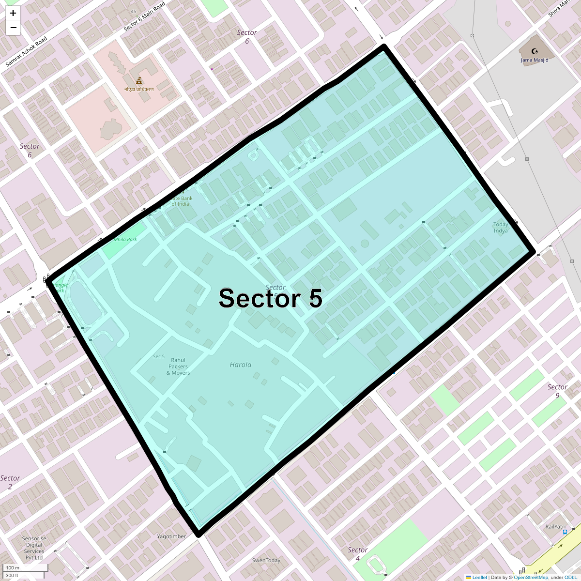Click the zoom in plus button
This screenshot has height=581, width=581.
tap(13, 13)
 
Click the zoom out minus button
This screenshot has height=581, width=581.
tap(13, 28)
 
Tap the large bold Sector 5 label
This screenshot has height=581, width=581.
tap(270, 298)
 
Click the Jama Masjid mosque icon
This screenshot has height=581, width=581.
tap(535, 51)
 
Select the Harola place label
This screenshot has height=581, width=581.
tap(241, 365)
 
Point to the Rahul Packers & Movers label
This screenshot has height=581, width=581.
tap(178, 367)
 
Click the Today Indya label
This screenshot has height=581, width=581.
tap(501, 228)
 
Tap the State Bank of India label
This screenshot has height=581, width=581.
tap(181, 201)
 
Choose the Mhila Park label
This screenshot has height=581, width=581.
tap(125, 240)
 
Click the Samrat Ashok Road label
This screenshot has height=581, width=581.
tap(26, 51)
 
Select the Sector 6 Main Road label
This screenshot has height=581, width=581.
tap(144, 16)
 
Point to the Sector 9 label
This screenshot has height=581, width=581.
tap(557, 391)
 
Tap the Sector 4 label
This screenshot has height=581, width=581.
tap(358, 554)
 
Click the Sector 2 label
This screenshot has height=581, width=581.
tap(10, 482)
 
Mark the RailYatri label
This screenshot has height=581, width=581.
tap(555, 527)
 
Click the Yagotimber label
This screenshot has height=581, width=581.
tap(171, 536)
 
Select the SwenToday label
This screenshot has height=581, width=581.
tap(266, 561)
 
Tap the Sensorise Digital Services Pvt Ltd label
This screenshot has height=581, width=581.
tap(34, 548)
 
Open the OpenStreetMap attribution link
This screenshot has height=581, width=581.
tap(531, 577)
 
